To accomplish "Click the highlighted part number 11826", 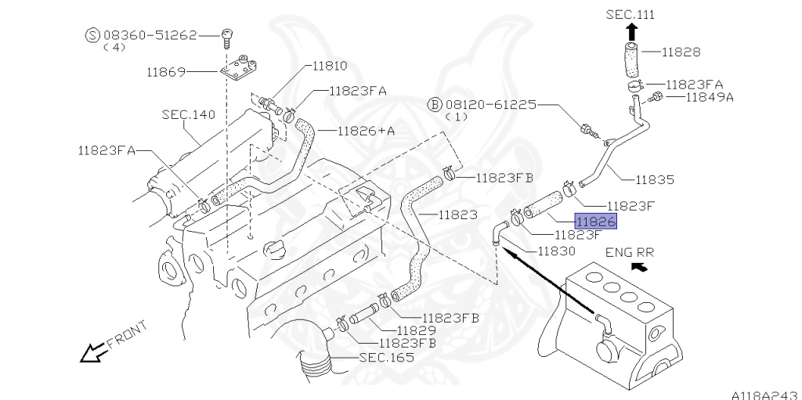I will pyautogui.click(x=597, y=221).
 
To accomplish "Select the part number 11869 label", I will pyautogui.click(x=165, y=72).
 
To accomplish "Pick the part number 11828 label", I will pyautogui.click(x=681, y=52).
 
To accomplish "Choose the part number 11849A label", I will pyautogui.click(x=710, y=97).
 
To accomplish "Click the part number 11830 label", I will pyautogui.click(x=556, y=251).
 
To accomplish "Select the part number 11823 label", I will pyautogui.click(x=459, y=213).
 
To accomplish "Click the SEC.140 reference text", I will pyautogui.click(x=188, y=114).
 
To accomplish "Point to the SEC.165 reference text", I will pyautogui.click(x=386, y=358).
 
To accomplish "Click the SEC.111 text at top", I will pyautogui.click(x=630, y=14).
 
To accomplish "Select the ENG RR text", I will pyautogui.click(x=630, y=252).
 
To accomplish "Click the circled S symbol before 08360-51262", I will pyautogui.click(x=92, y=35).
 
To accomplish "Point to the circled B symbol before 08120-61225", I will pyautogui.click(x=434, y=104).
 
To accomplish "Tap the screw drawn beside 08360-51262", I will pyautogui.click(x=227, y=36).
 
